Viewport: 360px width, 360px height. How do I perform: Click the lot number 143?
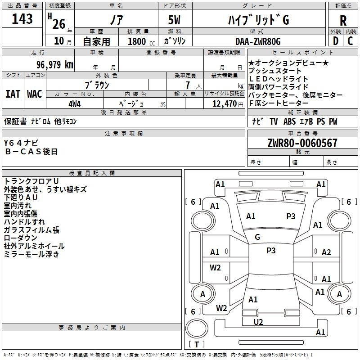pos(22,18)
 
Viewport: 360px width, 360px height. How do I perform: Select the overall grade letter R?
pos(343,21)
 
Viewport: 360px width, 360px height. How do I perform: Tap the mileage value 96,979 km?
pos(54,64)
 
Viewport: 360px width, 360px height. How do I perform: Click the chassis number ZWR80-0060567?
pos(302,143)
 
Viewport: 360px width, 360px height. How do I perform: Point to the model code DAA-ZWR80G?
pos(258,41)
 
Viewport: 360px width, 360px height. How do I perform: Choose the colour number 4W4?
pos(75,104)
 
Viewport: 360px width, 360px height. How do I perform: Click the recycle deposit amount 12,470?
pos(224,103)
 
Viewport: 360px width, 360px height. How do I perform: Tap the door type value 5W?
pos(174,20)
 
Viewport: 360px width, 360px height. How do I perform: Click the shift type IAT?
pos(13,94)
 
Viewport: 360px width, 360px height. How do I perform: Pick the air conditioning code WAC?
pos(35,94)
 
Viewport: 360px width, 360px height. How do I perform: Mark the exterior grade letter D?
pos(336,41)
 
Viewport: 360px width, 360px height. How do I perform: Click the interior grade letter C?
pos(350,41)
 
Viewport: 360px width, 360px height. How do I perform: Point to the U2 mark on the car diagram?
pos(258,322)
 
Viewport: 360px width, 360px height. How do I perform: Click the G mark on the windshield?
pos(257,237)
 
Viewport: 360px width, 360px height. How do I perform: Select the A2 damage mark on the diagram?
pos(326,252)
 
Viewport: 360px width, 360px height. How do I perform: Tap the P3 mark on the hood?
pos(291,216)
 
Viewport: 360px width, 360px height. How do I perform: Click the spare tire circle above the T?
pos(197,329)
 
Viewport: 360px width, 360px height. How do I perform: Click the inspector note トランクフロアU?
pos(31,181)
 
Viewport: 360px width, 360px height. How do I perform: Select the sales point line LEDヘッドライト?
pos(278,79)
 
